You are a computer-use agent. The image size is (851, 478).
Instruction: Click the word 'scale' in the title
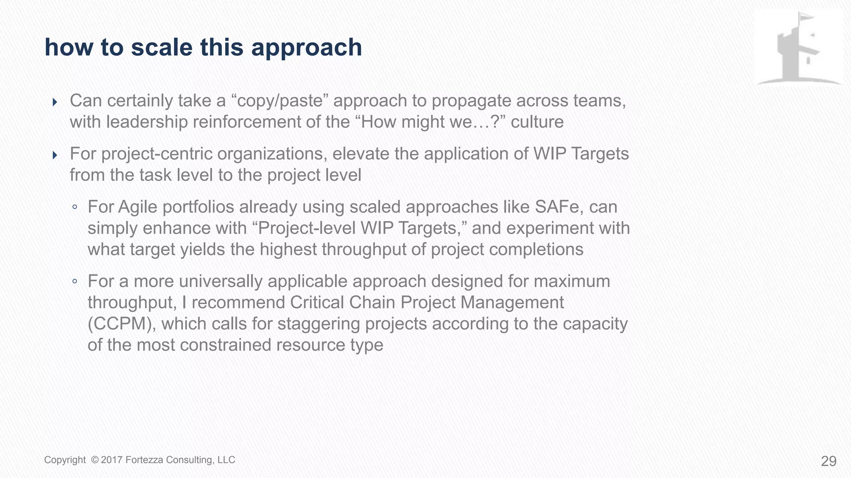click(x=162, y=47)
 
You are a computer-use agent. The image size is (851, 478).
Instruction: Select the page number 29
click(x=829, y=461)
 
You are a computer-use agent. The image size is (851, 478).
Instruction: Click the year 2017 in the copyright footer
click(x=112, y=460)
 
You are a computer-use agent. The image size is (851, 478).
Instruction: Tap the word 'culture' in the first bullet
click(x=537, y=122)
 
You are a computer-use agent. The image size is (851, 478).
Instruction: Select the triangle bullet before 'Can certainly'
click(x=55, y=102)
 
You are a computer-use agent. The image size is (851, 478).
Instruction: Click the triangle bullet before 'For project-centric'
click(x=55, y=155)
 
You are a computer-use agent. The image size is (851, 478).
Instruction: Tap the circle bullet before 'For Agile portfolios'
click(x=75, y=207)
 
